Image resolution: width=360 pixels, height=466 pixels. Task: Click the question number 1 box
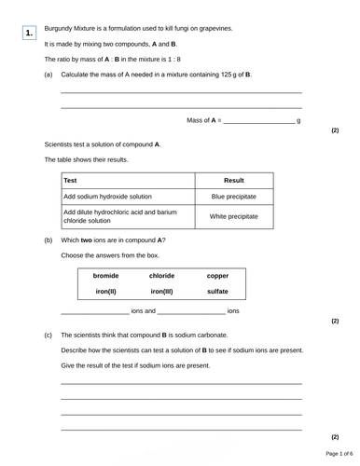tap(30, 34)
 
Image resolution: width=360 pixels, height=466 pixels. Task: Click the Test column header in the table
tap(71, 180)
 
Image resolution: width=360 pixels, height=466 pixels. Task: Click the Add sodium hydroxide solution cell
tap(109, 198)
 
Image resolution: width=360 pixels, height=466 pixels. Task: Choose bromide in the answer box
tap(106, 276)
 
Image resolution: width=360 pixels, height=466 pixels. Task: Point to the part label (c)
tap(48, 335)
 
